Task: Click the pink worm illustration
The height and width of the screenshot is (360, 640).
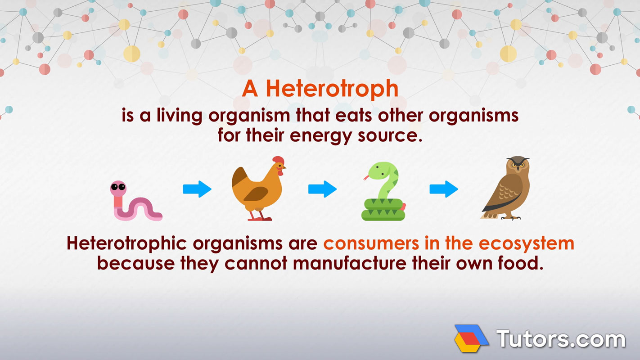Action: click(135, 205)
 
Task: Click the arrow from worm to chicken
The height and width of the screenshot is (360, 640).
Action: click(197, 189)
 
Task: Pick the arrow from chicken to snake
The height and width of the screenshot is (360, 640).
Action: click(322, 189)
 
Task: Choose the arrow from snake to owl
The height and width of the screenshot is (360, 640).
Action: click(444, 189)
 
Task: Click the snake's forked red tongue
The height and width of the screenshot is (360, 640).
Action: click(366, 178)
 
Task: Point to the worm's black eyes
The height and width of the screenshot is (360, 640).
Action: click(118, 187)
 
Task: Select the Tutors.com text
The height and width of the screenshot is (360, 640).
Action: click(560, 338)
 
